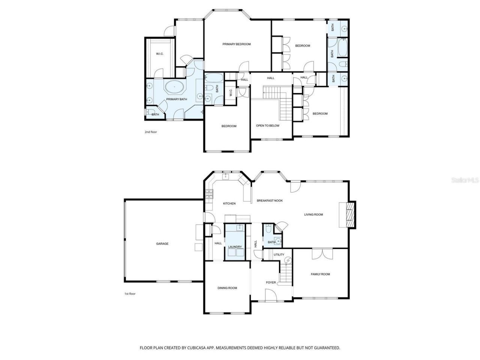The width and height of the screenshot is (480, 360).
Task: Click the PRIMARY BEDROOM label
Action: pos(236,44)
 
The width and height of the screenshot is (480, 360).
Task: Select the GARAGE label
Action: pos(162,244)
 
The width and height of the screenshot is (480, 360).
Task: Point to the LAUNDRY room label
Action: pos(235,247)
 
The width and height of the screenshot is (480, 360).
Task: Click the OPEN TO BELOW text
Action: pos(267,126)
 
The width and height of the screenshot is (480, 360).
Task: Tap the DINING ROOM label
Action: pos(227,288)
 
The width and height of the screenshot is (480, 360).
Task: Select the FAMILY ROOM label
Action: pos(320,274)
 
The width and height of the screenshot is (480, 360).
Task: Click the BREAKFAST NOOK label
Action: pos(270,201)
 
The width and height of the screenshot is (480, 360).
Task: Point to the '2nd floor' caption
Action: pos(151,132)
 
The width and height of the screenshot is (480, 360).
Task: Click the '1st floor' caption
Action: pos(130,294)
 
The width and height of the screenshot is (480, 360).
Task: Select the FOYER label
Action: pos(271,282)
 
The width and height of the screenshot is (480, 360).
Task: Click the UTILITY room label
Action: pos(279,255)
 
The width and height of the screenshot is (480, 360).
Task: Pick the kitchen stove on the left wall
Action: pos(209,194)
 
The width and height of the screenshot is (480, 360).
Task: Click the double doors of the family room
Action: pos(322,253)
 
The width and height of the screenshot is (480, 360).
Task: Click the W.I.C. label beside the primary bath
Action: pos(160,54)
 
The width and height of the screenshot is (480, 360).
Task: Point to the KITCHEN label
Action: pos(229,204)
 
